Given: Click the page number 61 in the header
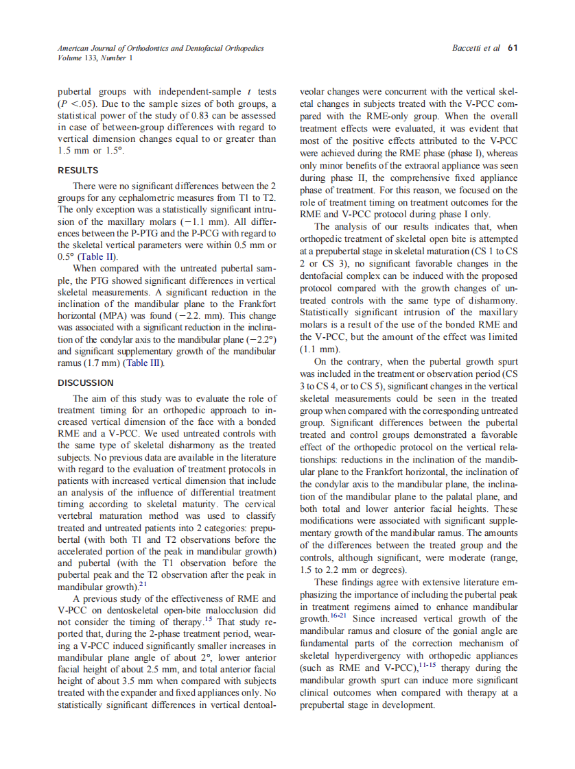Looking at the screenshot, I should point(513,48).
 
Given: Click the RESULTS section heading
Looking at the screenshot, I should point(77,169).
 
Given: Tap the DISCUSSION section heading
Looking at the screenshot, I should point(85,382).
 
